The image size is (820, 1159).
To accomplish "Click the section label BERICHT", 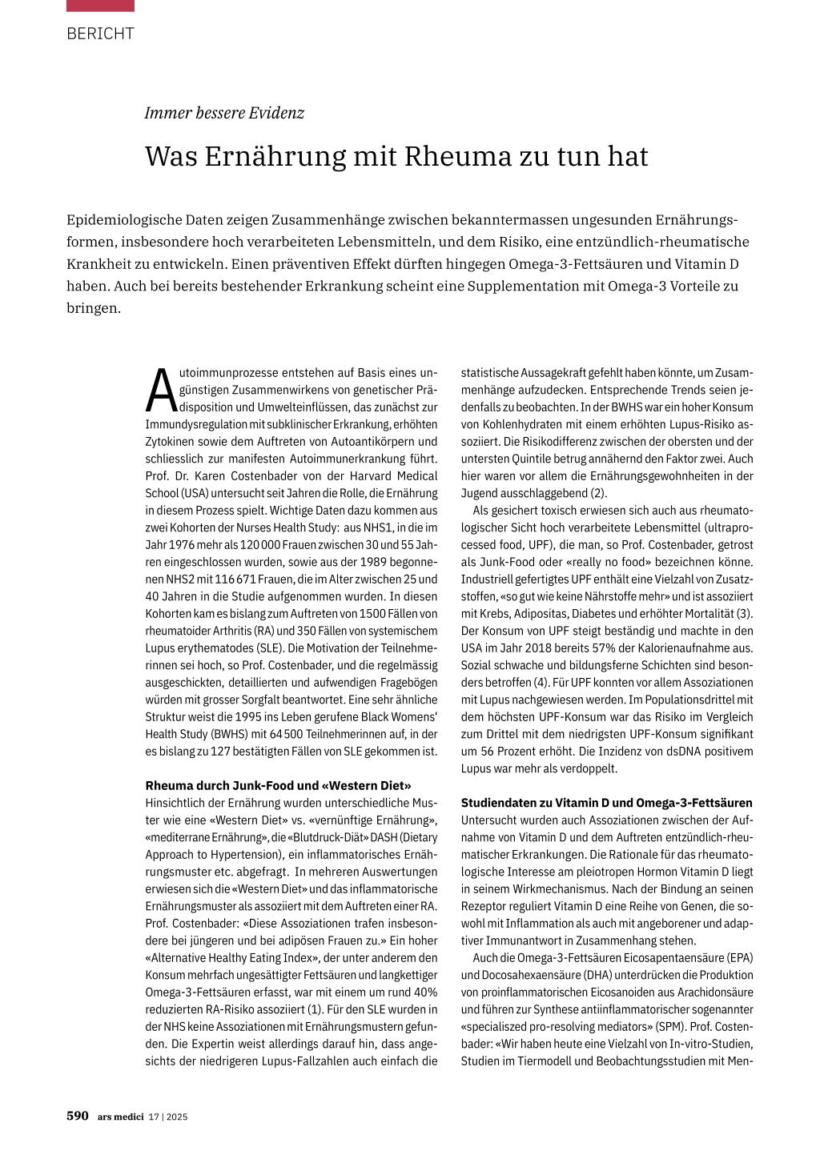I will click(100, 34).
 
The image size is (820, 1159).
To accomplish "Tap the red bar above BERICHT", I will click(100, 6).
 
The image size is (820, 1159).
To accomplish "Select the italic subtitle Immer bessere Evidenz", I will click(224, 113).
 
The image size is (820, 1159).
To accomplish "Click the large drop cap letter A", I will click(162, 390).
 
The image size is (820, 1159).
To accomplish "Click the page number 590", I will click(78, 1116).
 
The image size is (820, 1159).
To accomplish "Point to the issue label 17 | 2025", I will click(168, 1117).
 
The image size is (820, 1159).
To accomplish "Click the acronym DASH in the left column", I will click(382, 837).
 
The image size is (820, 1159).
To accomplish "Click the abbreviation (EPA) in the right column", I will click(739, 957).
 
